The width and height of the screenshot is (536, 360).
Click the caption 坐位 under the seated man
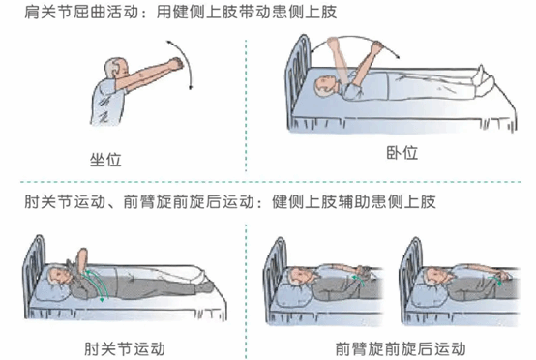105,160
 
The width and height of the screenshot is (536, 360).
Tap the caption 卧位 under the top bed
402,153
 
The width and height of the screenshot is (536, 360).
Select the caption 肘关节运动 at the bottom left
125,349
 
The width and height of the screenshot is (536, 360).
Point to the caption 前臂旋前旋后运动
401,348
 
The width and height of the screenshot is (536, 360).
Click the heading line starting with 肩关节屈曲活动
181,12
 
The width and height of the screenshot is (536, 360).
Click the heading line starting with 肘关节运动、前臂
230,201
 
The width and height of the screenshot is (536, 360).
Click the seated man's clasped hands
176,63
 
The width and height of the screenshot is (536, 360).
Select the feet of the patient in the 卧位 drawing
484,80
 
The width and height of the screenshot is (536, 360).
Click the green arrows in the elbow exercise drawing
97,284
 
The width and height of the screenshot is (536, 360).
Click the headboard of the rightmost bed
411,277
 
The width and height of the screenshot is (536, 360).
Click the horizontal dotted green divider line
271,182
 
